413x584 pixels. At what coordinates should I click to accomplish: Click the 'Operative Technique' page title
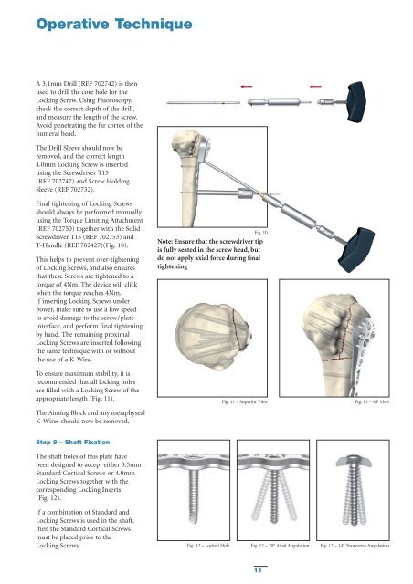114,25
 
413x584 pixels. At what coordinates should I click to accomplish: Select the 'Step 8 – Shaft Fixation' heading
73,442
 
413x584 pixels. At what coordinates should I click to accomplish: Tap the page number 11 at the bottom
258,570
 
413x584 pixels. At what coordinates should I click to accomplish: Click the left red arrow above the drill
246,87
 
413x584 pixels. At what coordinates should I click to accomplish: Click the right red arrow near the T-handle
315,87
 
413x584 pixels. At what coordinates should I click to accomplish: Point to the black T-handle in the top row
356,101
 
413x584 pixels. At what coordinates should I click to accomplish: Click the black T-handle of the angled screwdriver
356,249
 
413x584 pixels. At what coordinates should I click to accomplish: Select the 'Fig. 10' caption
260,233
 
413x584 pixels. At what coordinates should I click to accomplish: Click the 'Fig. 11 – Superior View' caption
244,401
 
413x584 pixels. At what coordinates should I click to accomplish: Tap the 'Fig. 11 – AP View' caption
372,401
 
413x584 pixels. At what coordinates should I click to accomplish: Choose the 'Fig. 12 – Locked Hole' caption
208,546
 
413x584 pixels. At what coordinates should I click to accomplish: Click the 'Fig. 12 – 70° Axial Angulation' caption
280,546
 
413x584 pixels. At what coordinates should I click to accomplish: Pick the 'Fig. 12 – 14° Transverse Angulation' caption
355,546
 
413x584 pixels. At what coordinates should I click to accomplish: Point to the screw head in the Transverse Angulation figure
354,460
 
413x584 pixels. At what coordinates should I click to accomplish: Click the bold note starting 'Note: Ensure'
210,254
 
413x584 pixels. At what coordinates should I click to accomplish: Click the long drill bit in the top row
203,102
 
